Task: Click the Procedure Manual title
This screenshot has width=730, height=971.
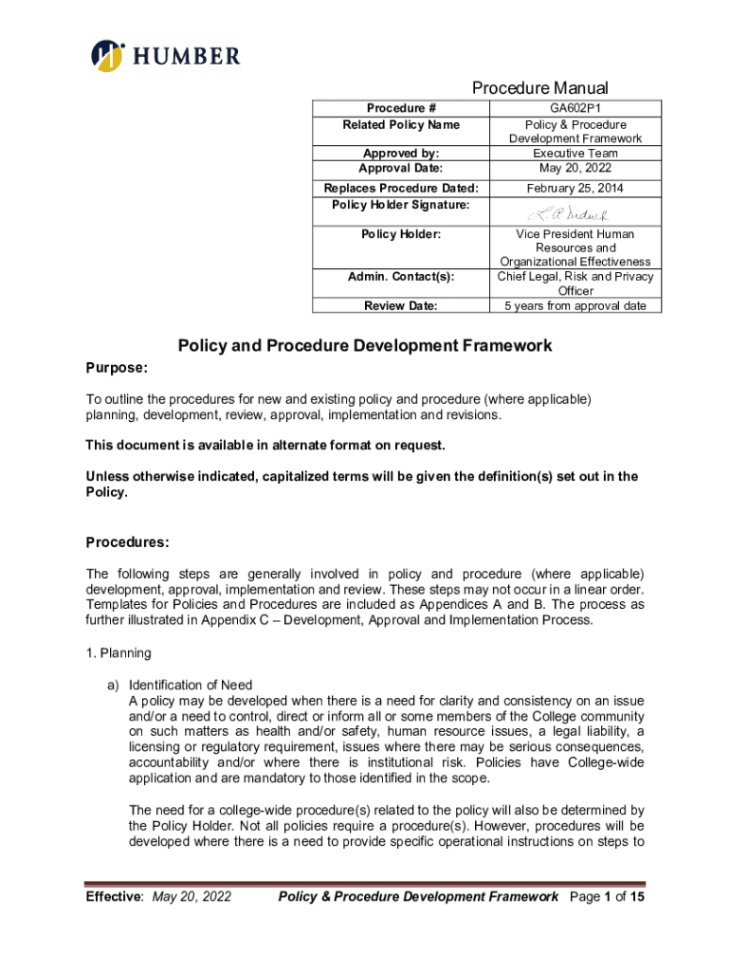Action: [x=540, y=88]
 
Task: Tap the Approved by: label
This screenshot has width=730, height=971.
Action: [x=400, y=153]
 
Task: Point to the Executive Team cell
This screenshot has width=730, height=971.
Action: [x=575, y=153]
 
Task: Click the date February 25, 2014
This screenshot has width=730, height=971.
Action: [x=575, y=188]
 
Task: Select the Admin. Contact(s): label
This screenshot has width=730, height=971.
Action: [x=400, y=277]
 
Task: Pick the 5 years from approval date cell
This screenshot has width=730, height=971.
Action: [x=575, y=305]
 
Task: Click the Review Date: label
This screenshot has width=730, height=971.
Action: [x=400, y=305]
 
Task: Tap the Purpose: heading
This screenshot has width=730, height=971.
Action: [x=117, y=367]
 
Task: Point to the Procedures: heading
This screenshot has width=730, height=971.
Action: [x=128, y=543]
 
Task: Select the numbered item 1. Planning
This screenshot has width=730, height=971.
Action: [x=119, y=653]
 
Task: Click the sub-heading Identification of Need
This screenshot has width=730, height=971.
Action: [x=191, y=685]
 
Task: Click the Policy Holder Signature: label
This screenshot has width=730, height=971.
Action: [x=400, y=205]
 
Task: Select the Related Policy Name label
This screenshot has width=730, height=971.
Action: [x=400, y=124]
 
